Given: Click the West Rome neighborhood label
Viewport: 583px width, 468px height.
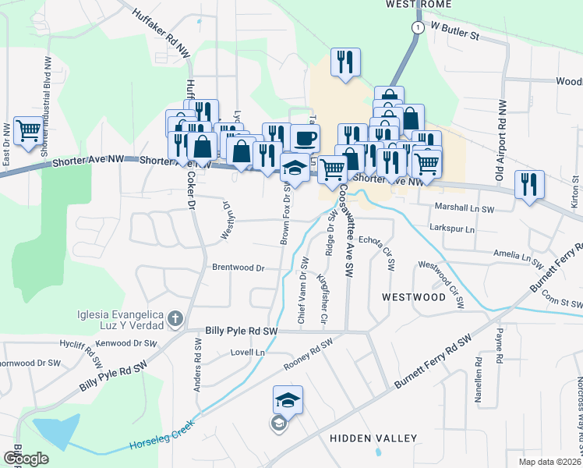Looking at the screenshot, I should [x=419, y=4].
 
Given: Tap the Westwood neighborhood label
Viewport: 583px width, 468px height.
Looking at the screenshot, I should [x=413, y=297].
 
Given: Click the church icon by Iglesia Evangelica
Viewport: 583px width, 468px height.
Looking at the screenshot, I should [x=175, y=318].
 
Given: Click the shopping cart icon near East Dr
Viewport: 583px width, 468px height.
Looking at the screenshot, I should [x=28, y=131].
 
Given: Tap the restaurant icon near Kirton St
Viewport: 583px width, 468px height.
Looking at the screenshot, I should [x=529, y=186].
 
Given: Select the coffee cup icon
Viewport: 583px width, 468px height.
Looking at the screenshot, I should [x=305, y=138].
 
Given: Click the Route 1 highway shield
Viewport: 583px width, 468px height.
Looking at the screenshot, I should [x=418, y=27].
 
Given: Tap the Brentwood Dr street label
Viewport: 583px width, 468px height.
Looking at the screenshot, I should [x=238, y=268].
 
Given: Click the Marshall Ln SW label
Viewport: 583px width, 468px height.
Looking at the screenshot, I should [x=465, y=209].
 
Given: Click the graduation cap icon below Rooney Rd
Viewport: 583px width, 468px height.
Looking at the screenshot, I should [x=288, y=400].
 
